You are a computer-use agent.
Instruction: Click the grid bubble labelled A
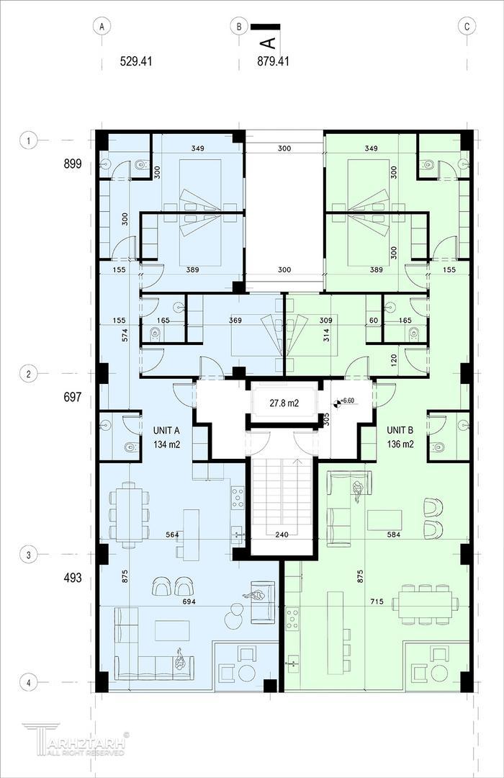pos(102,27)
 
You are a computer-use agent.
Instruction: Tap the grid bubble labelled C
pos(467,27)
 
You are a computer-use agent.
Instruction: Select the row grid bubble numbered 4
pos(28,683)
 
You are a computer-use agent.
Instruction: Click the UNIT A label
pos(166,430)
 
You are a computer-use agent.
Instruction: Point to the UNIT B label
pos(400,430)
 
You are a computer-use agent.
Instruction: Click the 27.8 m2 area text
pos(284,403)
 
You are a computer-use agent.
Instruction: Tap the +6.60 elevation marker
pos(346,401)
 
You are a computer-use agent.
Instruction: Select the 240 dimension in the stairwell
pos(282,535)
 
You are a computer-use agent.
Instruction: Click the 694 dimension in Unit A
pos(189,602)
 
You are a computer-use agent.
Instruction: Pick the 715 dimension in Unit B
pos(377,602)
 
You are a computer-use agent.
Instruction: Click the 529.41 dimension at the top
pos(136,61)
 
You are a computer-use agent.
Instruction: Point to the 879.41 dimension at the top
pos(273,61)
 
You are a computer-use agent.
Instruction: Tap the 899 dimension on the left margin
pos(73,164)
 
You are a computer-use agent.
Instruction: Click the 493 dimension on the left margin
pos(73,578)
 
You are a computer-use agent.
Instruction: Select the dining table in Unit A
pos(129,514)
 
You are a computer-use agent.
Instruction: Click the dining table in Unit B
pos(425,604)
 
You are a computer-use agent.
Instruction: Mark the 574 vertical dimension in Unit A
pos(125,335)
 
